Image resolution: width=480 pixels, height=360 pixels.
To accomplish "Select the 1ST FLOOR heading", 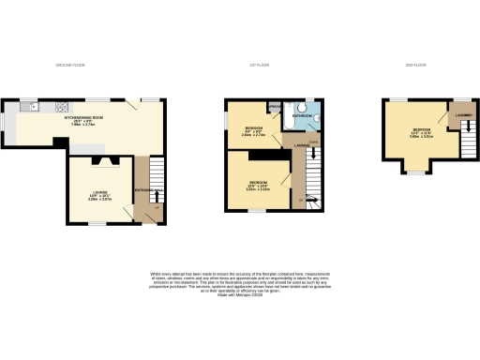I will point(259,65).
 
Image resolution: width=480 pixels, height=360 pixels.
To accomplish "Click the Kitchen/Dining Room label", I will point(83,120).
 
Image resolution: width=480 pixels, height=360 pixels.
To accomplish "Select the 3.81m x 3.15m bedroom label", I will point(259,185).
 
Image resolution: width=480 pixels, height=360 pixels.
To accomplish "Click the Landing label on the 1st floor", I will point(301,145).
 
